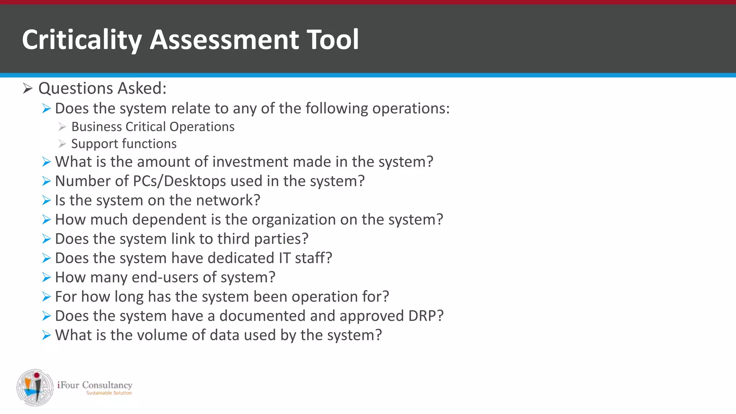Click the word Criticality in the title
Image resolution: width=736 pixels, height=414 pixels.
tap(82, 40)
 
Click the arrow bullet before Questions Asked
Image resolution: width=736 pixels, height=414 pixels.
tap(28, 88)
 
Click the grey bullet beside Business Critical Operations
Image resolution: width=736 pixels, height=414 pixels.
tap(62, 127)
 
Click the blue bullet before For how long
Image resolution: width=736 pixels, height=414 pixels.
tap(46, 297)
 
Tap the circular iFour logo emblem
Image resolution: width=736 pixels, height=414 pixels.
tap(35, 387)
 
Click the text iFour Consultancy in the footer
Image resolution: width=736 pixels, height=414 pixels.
tap(95, 385)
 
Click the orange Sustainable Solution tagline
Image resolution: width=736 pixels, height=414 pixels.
tap(109, 393)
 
